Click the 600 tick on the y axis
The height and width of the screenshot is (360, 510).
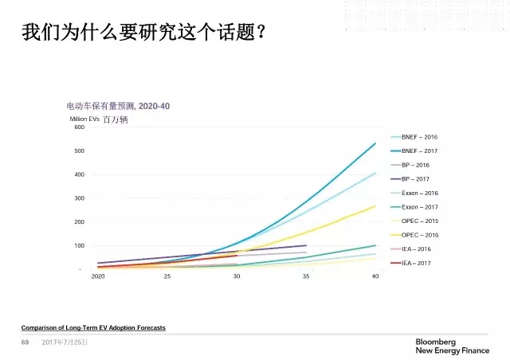pos(79,127)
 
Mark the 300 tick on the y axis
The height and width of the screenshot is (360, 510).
pos(79,198)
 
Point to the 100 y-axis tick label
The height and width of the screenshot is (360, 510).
pos(79,245)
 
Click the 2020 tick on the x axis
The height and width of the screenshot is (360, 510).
pos(98,276)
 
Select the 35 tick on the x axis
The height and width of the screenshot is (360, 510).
pos(306,276)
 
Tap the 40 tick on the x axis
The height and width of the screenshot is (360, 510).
pos(375,276)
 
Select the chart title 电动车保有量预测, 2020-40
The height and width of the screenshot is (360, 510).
pos(118,106)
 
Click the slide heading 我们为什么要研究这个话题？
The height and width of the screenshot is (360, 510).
pos(144,33)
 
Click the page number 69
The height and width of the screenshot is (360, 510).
pos(25,342)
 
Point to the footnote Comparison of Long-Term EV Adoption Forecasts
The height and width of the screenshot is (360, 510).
pos(93,328)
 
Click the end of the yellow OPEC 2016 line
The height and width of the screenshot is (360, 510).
pos(375,205)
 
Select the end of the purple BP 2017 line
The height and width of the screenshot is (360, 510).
pos(306,245)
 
